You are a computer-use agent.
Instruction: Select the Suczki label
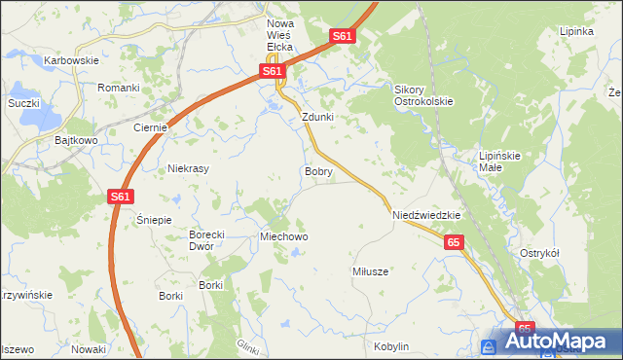click(22, 103)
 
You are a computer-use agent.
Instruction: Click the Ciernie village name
click(151, 127)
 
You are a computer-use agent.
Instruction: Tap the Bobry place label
click(318, 171)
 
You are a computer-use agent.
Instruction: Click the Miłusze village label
click(370, 271)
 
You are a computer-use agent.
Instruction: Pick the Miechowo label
click(283, 236)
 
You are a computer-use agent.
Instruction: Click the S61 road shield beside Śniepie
click(119, 197)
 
